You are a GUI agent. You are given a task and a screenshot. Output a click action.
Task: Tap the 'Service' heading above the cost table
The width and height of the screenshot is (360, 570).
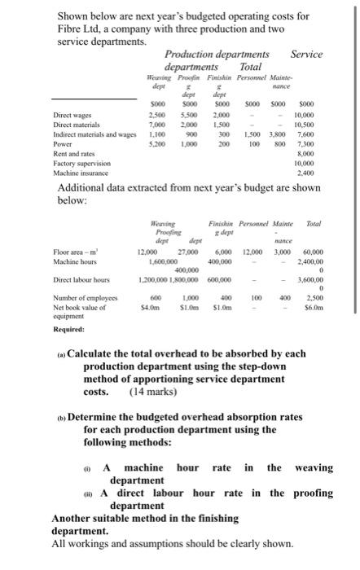click(305, 55)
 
